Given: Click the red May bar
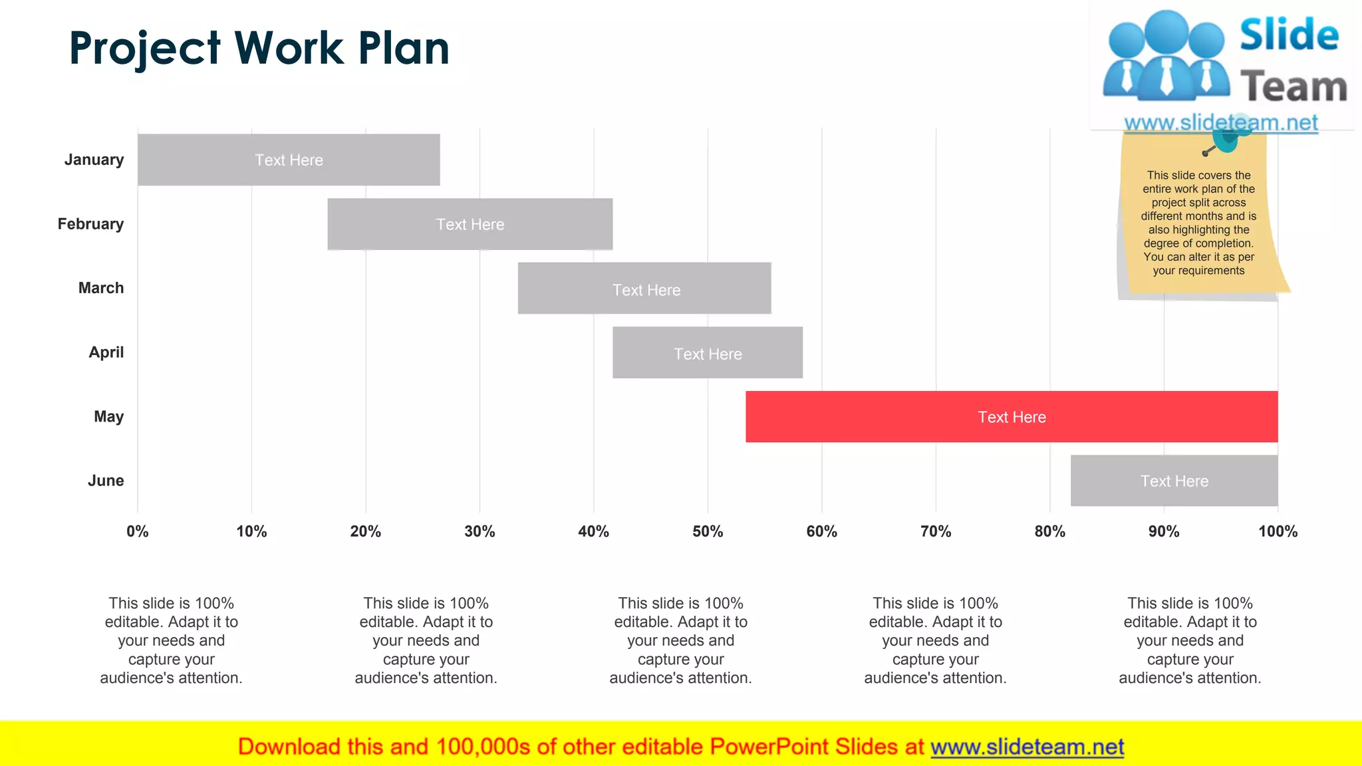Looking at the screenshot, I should coord(1011,417).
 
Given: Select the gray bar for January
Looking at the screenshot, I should coord(289,160).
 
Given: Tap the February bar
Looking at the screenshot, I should coord(470,224).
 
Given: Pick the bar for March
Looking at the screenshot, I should coord(644,289).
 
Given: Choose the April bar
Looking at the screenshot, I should coord(708,353).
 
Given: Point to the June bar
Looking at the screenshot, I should coord(1174,481).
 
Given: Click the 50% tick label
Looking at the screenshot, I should coord(708,531).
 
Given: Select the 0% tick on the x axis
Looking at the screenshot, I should coord(138,531).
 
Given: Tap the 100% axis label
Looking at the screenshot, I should coord(1278,531).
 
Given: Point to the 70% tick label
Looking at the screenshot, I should coord(936,531).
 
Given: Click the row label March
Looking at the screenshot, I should coord(101,288).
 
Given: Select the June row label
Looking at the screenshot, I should coord(106,481).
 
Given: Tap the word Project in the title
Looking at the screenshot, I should coord(144,49).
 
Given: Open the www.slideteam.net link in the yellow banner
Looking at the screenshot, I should coord(1027,747).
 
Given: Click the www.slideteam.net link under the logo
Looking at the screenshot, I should coord(1220,122).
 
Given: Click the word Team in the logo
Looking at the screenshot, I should coord(1294,88).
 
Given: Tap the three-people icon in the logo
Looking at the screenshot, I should coord(1166,57).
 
